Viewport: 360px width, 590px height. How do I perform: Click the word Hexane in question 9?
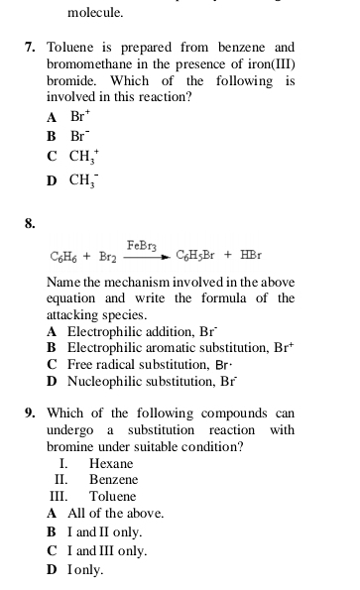110,464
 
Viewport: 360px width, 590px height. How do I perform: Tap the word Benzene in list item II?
113,479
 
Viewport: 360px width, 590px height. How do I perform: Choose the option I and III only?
106,550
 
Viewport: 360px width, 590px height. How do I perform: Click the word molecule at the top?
95,13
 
